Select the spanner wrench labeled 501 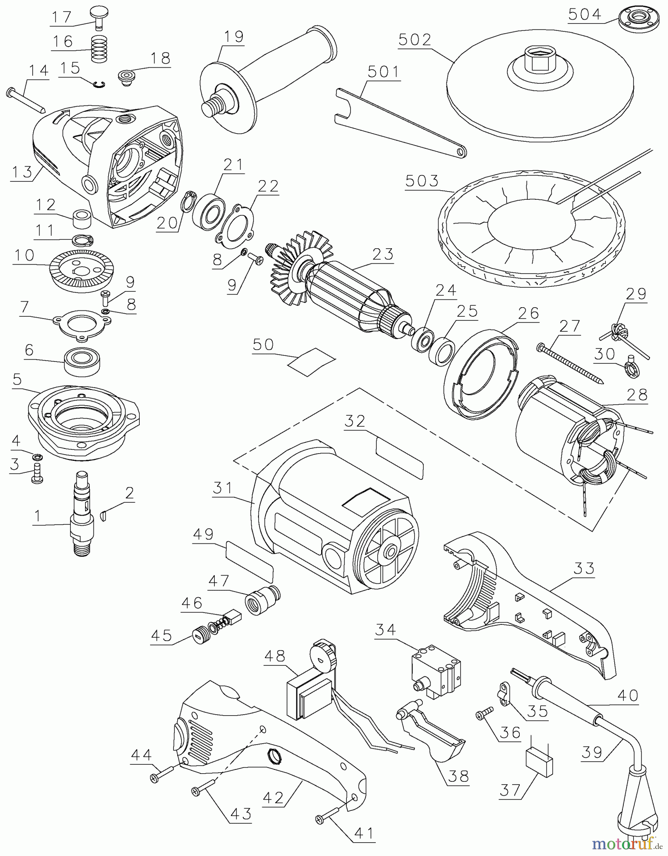click(x=399, y=119)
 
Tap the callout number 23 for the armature click(x=382, y=254)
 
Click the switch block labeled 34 click(x=435, y=668)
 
